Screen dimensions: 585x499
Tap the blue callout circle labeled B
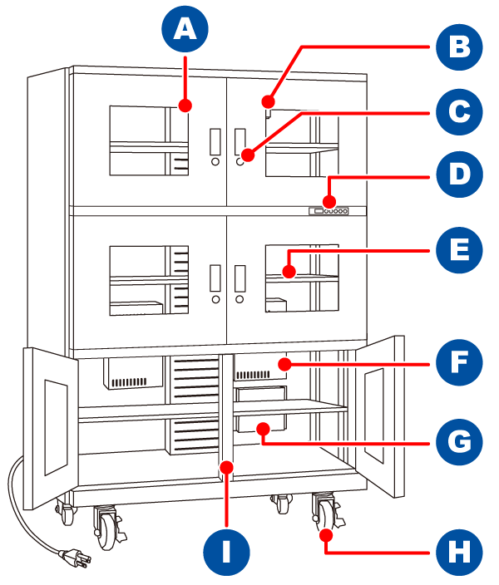tap(459, 47)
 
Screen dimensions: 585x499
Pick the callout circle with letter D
tap(459, 177)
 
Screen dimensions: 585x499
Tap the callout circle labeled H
tap(459, 550)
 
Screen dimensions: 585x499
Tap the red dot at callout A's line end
tap(185, 106)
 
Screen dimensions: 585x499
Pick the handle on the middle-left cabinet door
tap(215, 277)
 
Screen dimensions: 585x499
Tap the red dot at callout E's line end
tap(289, 270)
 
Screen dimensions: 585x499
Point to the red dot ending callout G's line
tap(262, 429)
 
